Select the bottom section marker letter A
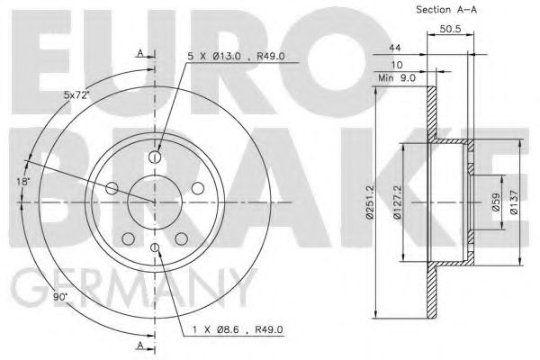(x=140, y=345)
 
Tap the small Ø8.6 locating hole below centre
(x=155, y=247)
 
